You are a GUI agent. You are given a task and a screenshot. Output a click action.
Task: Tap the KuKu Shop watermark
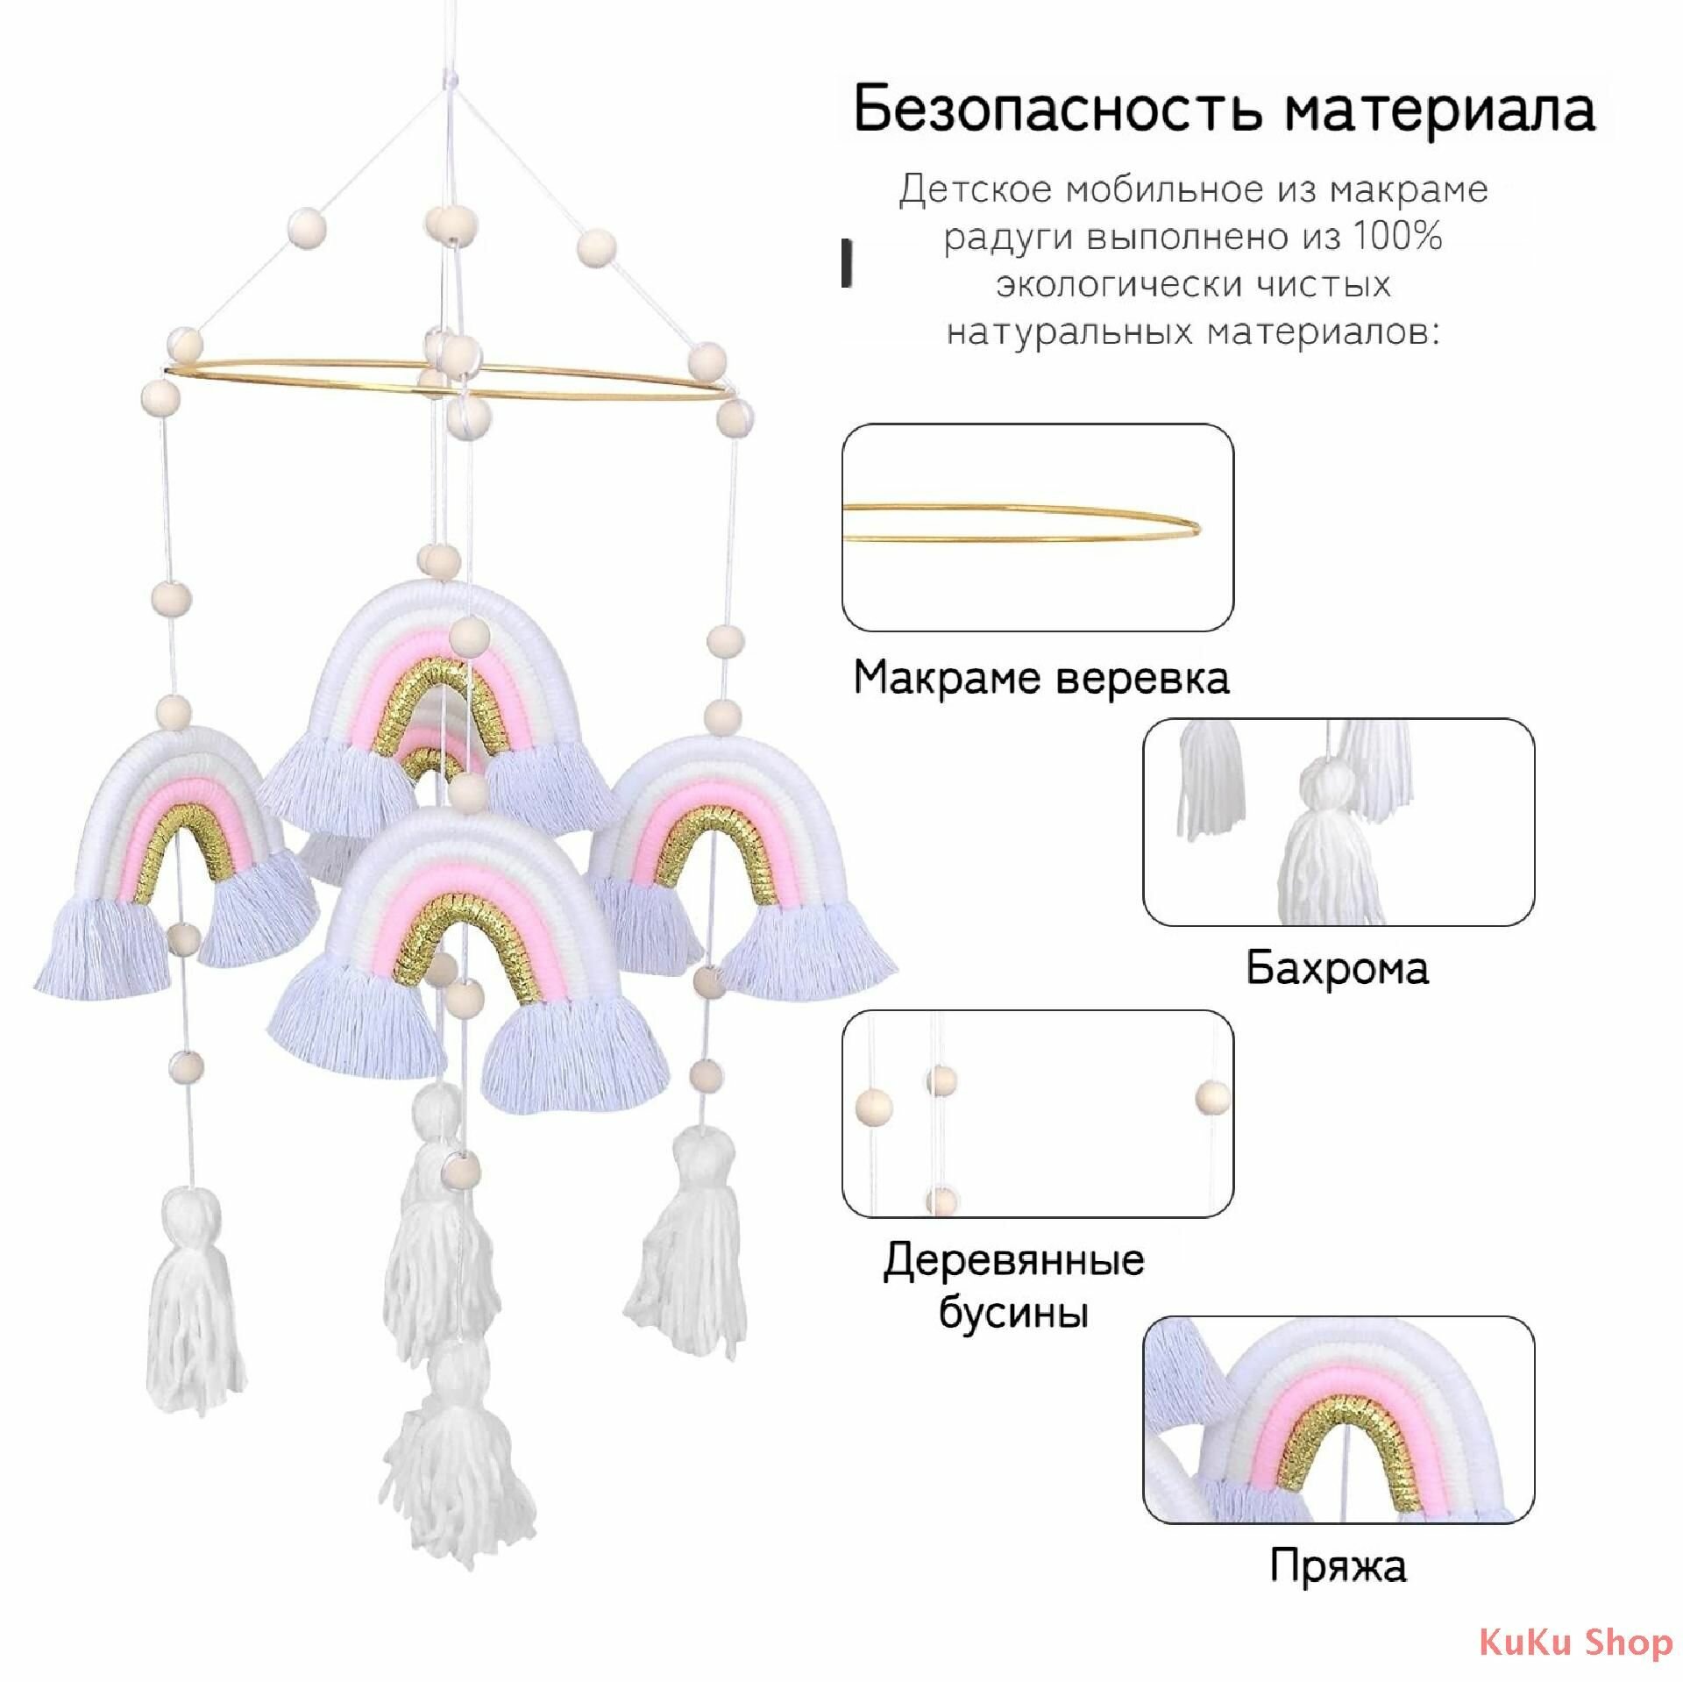[1575, 1642]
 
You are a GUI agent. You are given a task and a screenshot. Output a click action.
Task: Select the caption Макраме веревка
[1041, 678]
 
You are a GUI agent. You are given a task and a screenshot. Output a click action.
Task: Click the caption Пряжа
[1338, 1564]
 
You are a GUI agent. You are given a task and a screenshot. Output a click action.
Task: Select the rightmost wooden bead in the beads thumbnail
[1212, 1096]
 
